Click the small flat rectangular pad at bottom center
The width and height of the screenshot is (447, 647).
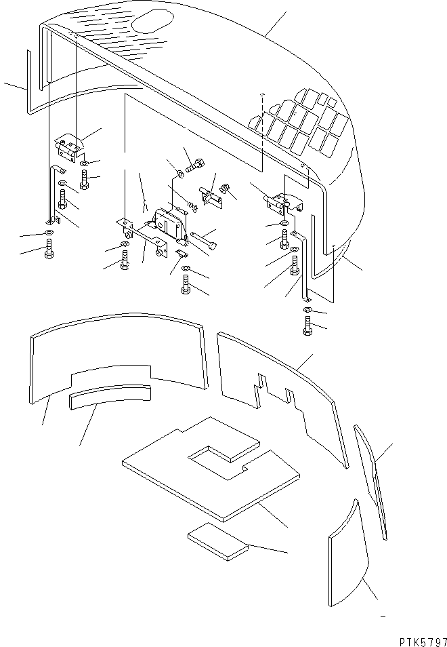[217, 542]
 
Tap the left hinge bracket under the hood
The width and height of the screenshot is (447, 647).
[68, 146]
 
